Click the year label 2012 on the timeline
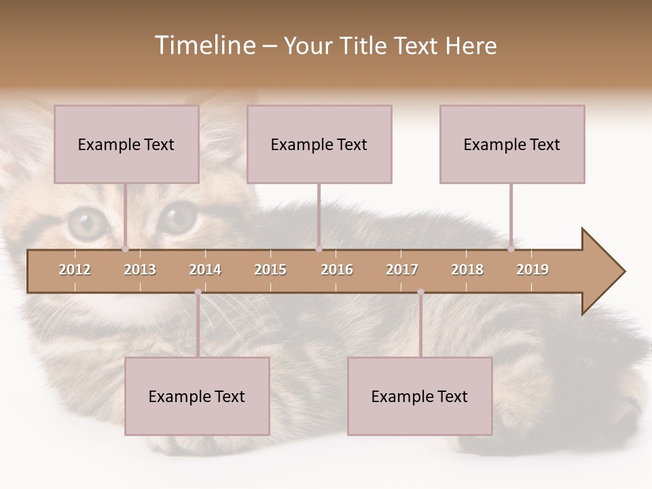75,270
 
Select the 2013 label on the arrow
140,270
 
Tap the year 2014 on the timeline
205,270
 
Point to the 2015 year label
270,270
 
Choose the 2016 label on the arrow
337,270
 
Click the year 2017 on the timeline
402,270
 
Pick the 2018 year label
467,270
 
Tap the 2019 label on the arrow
532,270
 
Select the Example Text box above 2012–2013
126,144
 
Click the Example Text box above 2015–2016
319,144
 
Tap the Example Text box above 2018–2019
512,144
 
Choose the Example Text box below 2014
197,396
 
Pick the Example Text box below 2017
420,396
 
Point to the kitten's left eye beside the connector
87,221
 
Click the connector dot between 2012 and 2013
126,249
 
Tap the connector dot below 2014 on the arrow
198,292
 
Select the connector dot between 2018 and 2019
511,249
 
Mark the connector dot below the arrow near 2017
420,292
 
